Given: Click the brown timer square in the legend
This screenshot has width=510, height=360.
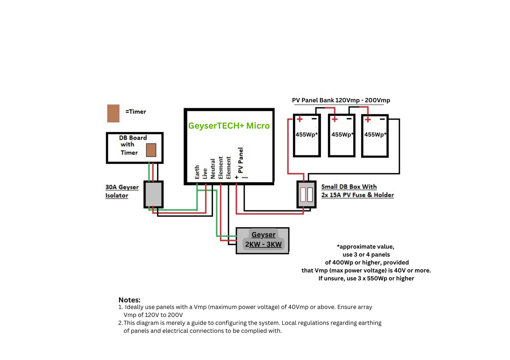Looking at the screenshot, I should point(113,113).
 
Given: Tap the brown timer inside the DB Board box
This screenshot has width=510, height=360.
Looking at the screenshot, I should point(151,150).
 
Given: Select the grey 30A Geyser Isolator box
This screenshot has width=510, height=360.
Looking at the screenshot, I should point(154,194).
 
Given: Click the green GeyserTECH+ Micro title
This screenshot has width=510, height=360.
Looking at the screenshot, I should point(229,126).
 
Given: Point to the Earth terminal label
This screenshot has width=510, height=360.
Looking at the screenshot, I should point(197,172).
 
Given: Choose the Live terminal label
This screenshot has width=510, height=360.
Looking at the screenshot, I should point(205,173).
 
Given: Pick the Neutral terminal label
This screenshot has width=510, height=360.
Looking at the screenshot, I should point(213,169).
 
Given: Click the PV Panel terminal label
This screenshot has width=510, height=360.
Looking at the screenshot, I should point(241,160).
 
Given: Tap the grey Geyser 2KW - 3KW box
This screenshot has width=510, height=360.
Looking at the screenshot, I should point(263,240).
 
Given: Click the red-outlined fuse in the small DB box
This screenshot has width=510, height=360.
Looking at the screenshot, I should point(303,194).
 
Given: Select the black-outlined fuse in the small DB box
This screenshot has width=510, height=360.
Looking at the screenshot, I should point(310,194).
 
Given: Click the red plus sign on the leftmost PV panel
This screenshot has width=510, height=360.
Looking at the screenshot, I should point(300,119).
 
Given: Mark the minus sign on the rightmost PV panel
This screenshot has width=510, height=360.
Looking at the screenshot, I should point(382,120).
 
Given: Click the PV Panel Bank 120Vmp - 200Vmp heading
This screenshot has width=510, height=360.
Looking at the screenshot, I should point(341,100).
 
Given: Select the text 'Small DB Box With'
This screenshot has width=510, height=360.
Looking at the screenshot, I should point(349,187).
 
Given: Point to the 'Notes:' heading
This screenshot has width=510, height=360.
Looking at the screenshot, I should point(130,300).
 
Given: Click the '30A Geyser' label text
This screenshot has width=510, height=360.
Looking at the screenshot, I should point(122,187).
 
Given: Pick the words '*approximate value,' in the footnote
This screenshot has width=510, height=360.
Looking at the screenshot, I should point(365,246).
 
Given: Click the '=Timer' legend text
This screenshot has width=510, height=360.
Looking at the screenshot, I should point(136,112).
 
